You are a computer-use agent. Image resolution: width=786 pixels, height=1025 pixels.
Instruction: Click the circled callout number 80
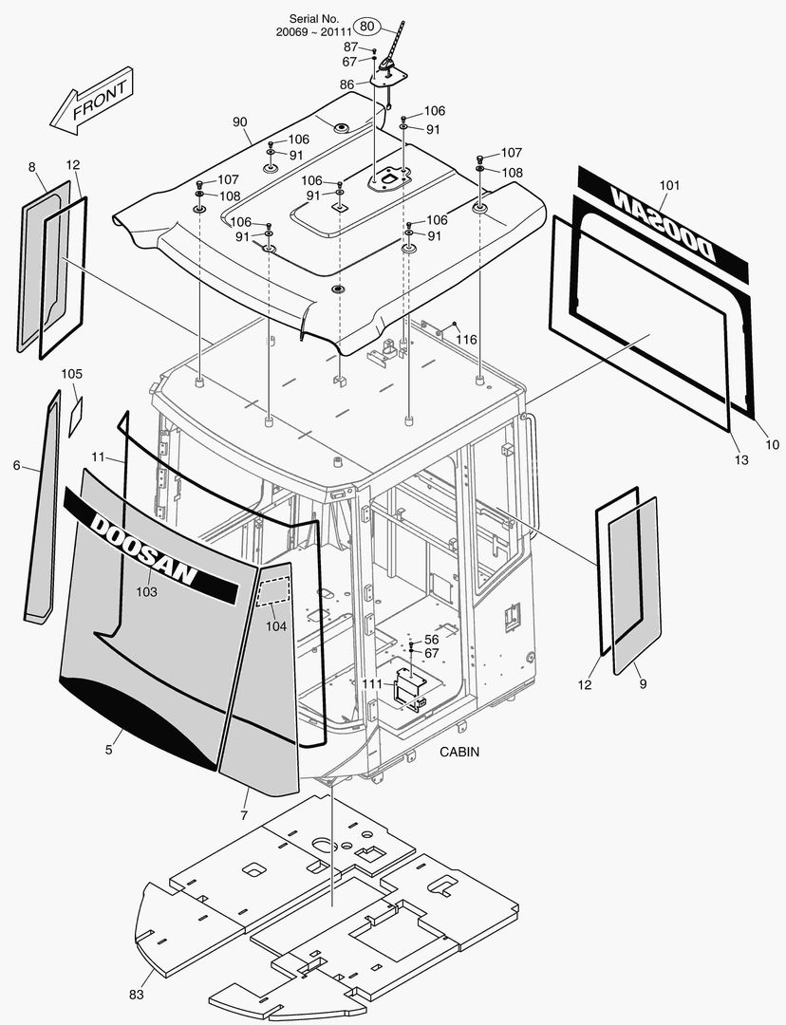pos(367,26)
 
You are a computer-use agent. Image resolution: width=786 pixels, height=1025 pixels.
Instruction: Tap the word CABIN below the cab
pos(459,752)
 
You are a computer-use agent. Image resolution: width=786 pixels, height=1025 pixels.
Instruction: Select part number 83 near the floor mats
pos(137,995)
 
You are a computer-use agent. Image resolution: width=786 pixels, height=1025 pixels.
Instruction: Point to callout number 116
pos(465,340)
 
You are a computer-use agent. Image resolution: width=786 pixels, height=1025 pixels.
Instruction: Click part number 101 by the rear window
pos(670,185)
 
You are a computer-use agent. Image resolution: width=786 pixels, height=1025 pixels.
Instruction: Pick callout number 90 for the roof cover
pos(239,122)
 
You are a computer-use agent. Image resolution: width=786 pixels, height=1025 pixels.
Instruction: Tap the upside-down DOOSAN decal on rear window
pos(662,223)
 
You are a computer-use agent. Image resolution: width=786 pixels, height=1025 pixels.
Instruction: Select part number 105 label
pos(72,374)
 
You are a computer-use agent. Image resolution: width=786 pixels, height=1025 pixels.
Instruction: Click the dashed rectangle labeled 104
pos(275,591)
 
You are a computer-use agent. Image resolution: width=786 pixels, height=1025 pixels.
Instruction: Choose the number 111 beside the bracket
pos(372,683)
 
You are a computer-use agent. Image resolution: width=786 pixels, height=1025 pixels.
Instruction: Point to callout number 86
pos(346,84)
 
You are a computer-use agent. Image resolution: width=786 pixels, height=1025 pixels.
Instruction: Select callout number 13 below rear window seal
pos(740,460)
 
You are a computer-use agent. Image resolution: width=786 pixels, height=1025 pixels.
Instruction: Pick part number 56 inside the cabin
pos(431,640)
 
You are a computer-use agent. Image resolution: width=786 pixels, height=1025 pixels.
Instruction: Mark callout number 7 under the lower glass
pos(244,816)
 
